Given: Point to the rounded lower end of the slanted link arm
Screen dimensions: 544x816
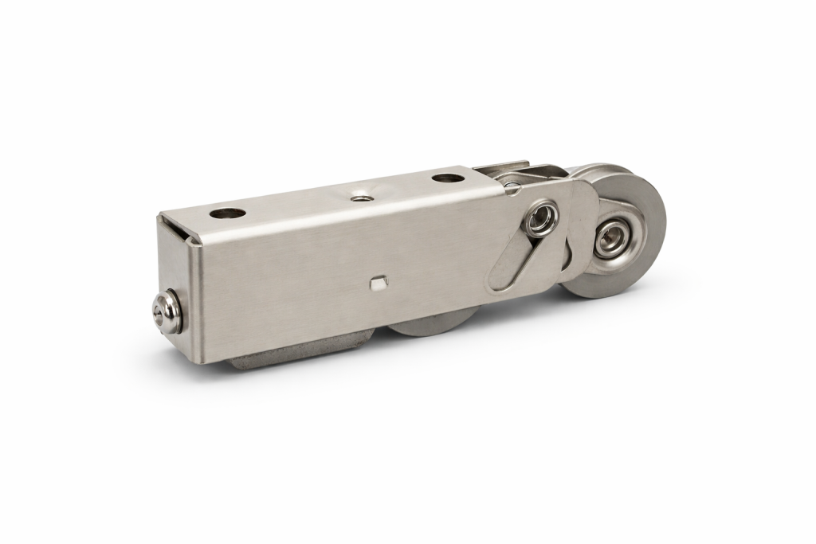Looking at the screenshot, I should (x=501, y=279).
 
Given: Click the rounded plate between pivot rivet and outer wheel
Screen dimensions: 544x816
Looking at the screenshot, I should (x=577, y=215).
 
